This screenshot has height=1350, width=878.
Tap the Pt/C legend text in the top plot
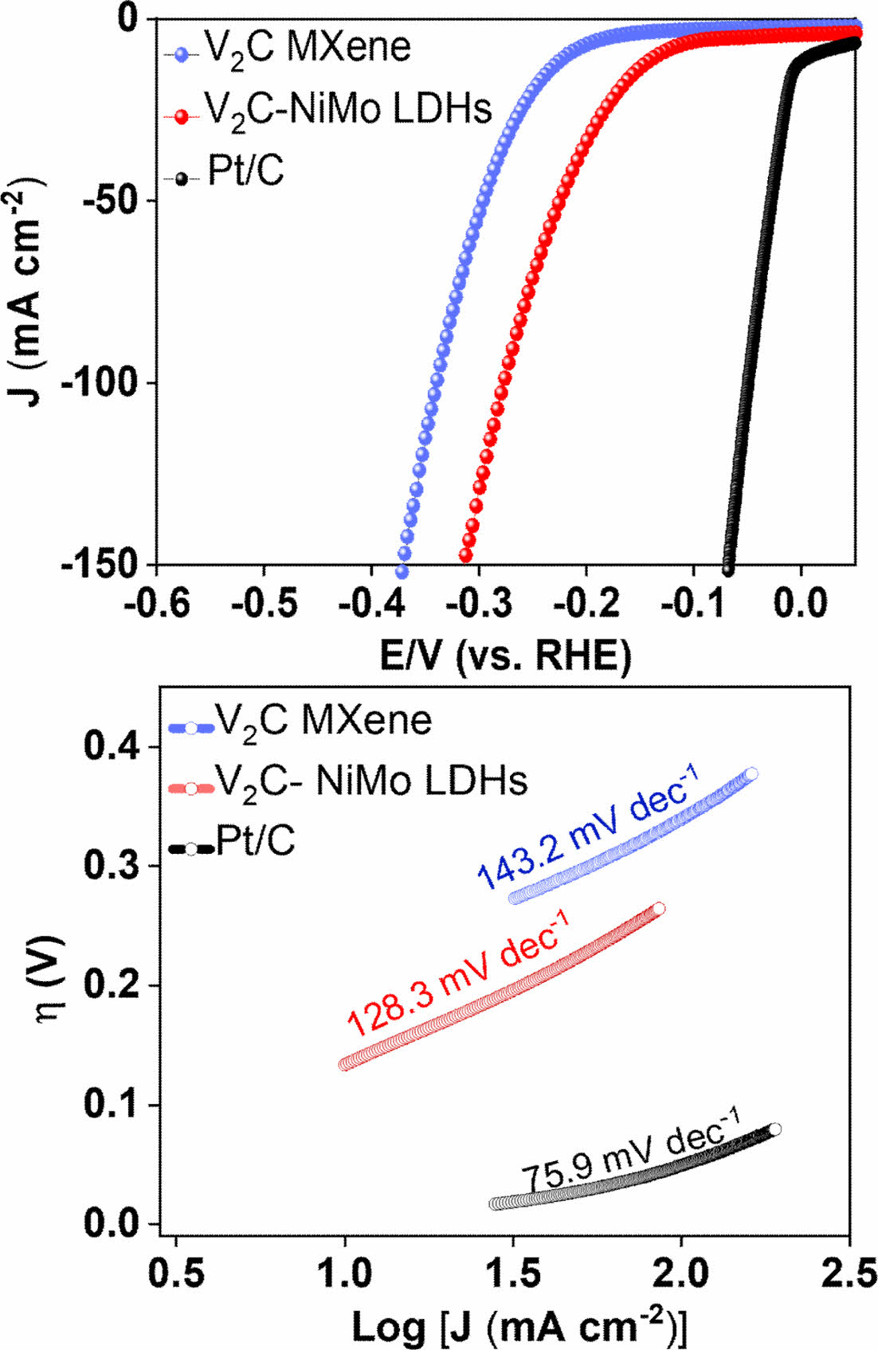point(245,171)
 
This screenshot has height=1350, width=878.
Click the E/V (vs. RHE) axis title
point(506,656)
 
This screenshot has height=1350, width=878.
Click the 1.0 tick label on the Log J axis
point(345,1274)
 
